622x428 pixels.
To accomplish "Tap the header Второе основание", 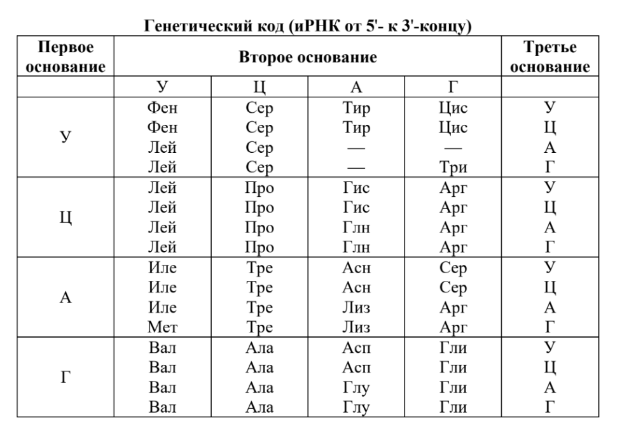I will pyautogui.click(x=308, y=58).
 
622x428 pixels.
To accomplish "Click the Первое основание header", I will pyautogui.click(x=63, y=58).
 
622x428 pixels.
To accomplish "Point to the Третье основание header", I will pyautogui.click(x=552, y=58).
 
